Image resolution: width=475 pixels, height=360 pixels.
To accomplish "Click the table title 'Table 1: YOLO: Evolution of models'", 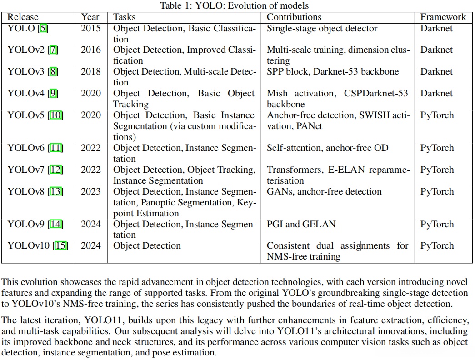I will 237,5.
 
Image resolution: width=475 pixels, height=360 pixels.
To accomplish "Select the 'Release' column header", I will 23,17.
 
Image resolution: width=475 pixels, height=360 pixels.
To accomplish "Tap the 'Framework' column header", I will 443,17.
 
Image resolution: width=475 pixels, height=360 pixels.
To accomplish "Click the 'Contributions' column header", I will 294,17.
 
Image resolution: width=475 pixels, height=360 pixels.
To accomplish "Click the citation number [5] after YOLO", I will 44,28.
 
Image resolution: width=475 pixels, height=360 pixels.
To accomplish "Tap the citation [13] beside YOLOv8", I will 56,191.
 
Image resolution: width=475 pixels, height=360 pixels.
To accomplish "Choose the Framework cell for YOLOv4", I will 437,94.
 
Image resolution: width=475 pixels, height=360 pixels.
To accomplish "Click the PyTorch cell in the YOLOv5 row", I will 437,115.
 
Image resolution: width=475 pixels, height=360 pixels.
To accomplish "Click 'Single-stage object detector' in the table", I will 322,28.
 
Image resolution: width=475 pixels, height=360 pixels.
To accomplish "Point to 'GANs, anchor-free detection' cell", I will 324,191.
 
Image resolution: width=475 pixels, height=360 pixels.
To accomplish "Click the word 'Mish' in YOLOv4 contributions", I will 277,94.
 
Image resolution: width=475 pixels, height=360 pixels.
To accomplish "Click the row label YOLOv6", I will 26,148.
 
